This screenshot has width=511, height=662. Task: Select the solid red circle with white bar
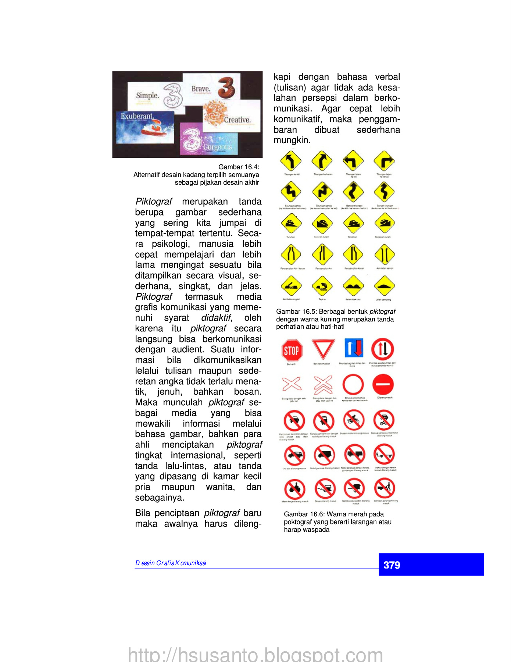383,384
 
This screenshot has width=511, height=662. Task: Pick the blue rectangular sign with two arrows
354,348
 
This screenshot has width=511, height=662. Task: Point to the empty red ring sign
353,385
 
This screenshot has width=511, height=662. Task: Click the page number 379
392,565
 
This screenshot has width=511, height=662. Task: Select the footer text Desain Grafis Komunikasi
171,563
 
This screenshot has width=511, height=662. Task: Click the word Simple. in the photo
147,96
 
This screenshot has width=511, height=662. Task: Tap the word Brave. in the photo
201,89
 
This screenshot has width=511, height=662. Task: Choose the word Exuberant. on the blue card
137,116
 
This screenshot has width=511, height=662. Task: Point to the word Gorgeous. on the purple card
218,147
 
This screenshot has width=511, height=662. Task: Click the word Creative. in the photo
237,120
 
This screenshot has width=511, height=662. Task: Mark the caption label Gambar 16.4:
239,167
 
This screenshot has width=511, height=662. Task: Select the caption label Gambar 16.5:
296,312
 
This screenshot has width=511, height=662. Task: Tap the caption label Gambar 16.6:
304,514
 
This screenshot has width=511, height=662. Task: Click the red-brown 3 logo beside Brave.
226,88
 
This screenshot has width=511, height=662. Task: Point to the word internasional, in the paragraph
198,455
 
